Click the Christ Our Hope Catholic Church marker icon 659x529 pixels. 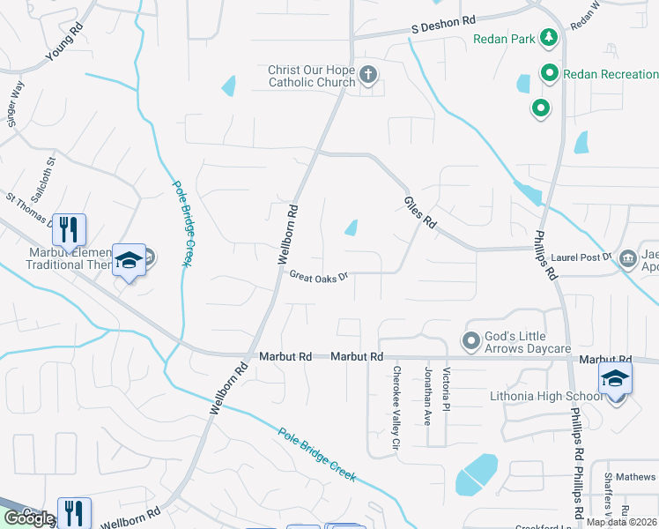(x=369, y=77)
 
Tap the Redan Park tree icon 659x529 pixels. (x=550, y=38)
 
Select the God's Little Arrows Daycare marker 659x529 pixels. (x=471, y=339)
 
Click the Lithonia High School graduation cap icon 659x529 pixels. (x=615, y=380)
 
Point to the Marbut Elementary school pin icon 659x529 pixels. (x=129, y=261)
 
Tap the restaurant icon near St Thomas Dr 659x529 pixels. (x=69, y=229)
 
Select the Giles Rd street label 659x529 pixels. (x=421, y=211)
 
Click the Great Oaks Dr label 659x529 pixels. (x=319, y=275)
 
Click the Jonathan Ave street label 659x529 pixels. (x=428, y=396)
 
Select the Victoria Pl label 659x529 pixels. (x=447, y=389)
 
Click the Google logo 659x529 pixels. (x=29, y=518)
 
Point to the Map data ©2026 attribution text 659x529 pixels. (x=620, y=522)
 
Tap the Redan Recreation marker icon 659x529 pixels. (x=550, y=73)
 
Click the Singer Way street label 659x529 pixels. (x=14, y=106)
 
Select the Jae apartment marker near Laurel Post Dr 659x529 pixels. (x=628, y=258)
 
